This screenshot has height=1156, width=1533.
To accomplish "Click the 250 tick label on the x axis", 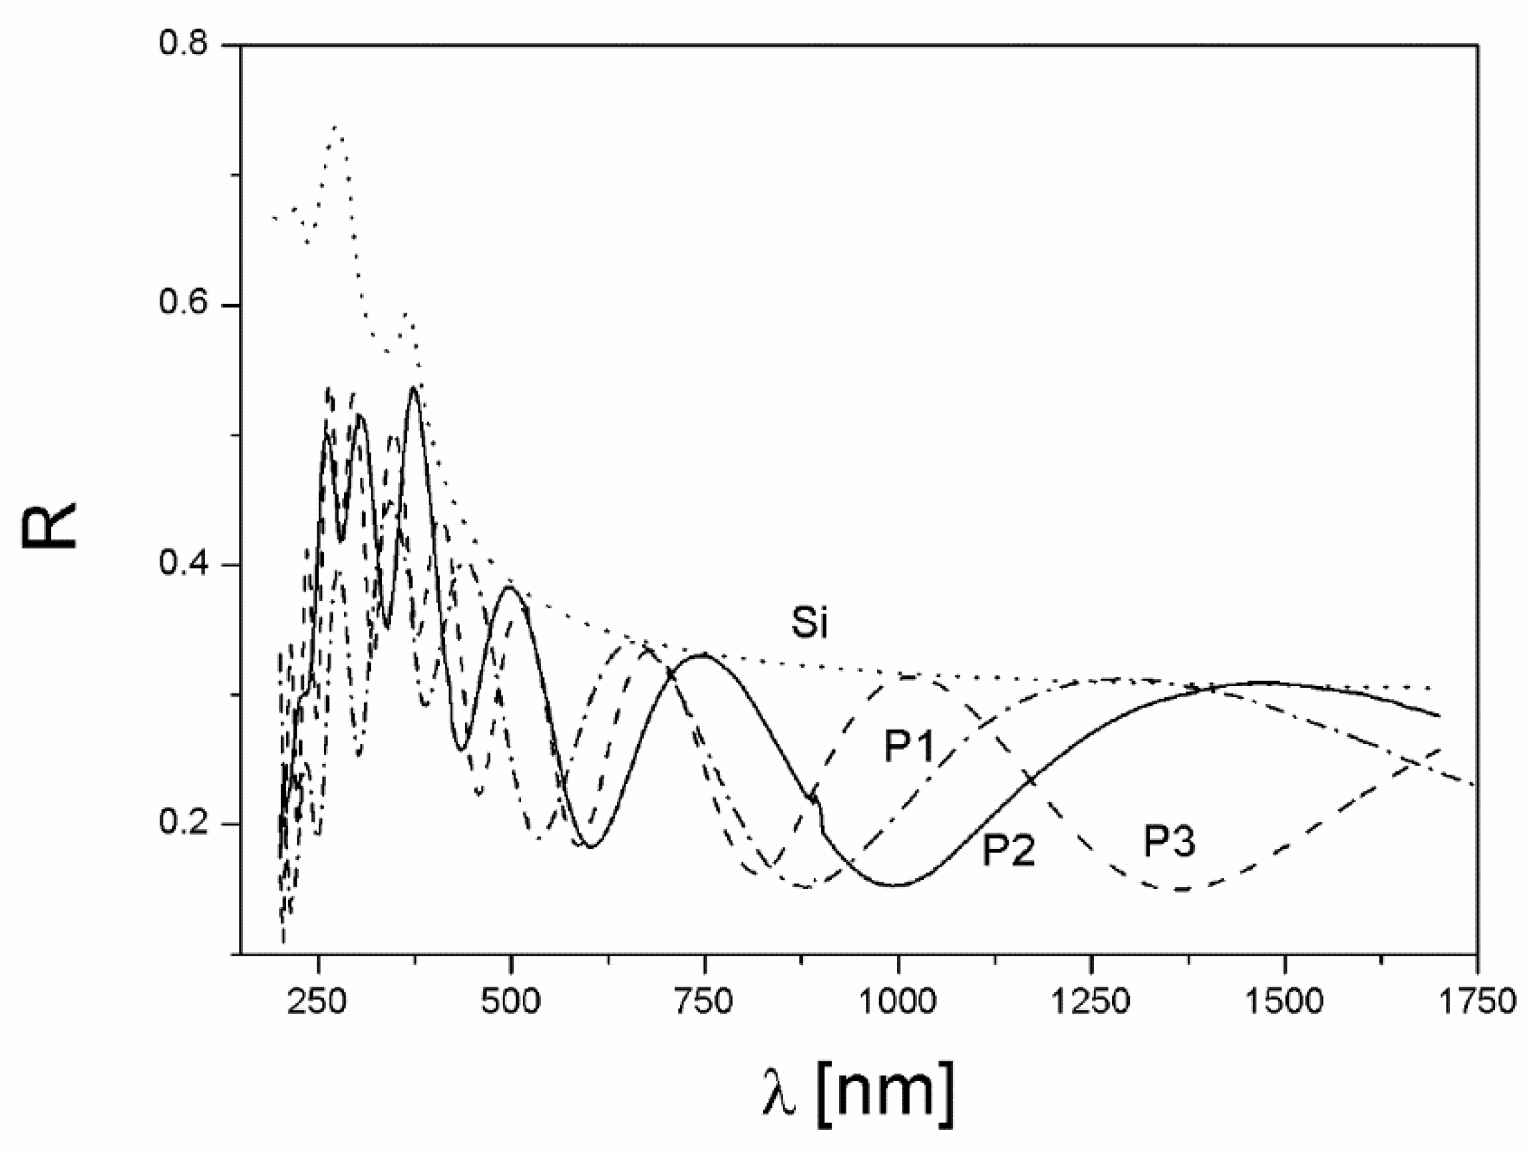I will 317,1003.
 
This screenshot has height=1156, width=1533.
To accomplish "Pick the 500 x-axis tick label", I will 511,1003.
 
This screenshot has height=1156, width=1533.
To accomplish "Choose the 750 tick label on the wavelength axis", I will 704,1003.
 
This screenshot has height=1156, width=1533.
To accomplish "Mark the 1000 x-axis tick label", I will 898,1003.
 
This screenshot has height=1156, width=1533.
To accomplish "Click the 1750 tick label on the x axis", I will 1478,1003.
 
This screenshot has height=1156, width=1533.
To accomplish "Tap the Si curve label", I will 810,624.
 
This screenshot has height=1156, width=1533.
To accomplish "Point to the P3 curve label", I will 1169,843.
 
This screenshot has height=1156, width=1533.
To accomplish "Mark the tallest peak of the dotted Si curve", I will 335,128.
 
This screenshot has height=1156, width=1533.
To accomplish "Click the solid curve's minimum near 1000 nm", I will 896,885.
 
